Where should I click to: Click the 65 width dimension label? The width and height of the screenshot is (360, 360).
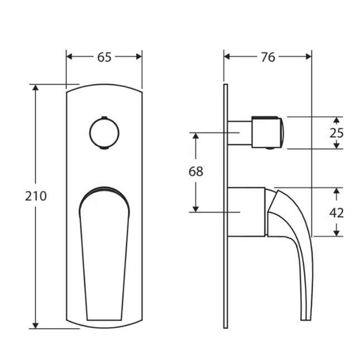click(104, 56)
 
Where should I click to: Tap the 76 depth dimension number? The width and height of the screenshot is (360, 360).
click(268, 56)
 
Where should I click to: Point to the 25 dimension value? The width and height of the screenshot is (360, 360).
click(337, 133)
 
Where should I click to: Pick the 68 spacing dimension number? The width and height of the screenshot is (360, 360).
click(195, 171)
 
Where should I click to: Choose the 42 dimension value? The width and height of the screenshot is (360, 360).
click(337, 212)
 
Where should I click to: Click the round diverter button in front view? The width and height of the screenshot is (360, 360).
click(104, 133)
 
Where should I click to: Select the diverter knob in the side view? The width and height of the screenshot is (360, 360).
click(268, 133)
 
